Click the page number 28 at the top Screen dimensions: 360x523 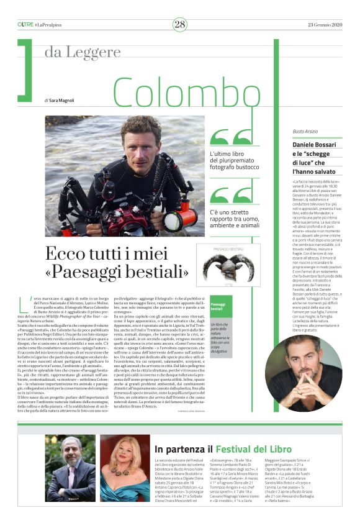[180, 24]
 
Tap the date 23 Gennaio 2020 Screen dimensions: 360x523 [323, 24]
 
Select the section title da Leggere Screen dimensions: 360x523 [82, 53]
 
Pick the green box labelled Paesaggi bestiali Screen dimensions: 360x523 [221, 306]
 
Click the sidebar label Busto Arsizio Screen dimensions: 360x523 [305, 132]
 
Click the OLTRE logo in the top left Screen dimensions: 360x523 [25, 24]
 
